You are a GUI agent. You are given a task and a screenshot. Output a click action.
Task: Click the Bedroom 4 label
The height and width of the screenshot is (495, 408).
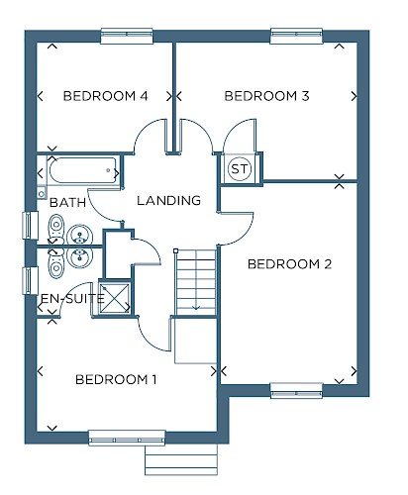click(105, 96)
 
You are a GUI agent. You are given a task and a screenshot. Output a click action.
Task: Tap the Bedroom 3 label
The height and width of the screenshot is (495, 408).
click(266, 96)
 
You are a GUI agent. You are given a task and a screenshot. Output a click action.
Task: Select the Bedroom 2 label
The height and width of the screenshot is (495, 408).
click(289, 264)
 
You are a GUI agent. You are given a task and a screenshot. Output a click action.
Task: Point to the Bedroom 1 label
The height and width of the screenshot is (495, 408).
click(116, 379)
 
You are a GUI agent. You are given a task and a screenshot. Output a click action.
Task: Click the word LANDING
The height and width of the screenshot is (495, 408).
click(168, 201)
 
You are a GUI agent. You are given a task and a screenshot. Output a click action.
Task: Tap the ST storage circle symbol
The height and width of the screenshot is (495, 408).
click(240, 169)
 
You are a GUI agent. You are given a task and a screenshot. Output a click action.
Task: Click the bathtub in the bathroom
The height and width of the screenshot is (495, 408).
click(83, 170)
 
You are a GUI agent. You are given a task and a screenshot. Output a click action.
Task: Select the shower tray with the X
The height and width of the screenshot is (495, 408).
click(115, 298)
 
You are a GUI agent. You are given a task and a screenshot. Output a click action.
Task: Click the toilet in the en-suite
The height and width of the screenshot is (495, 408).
click(56, 263)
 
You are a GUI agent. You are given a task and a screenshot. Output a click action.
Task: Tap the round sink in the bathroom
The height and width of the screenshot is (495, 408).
click(79, 235)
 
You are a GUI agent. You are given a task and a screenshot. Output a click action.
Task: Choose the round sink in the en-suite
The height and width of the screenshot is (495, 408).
click(79, 257)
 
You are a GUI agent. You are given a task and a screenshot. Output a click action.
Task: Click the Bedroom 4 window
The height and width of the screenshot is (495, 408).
click(127, 36)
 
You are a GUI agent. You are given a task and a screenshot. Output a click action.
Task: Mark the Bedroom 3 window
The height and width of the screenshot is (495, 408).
click(296, 36)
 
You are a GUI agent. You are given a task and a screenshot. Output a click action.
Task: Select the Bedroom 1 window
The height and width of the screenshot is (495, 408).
click(127, 438)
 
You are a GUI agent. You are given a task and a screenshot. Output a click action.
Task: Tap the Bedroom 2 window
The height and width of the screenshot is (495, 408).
click(296, 391)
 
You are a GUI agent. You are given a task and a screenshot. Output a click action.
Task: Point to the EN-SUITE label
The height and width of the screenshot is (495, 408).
click(72, 299)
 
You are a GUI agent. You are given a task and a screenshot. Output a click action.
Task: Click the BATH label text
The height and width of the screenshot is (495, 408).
click(67, 202)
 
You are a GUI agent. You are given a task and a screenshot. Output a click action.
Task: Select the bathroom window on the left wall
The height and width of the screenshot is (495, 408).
click(31, 225)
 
